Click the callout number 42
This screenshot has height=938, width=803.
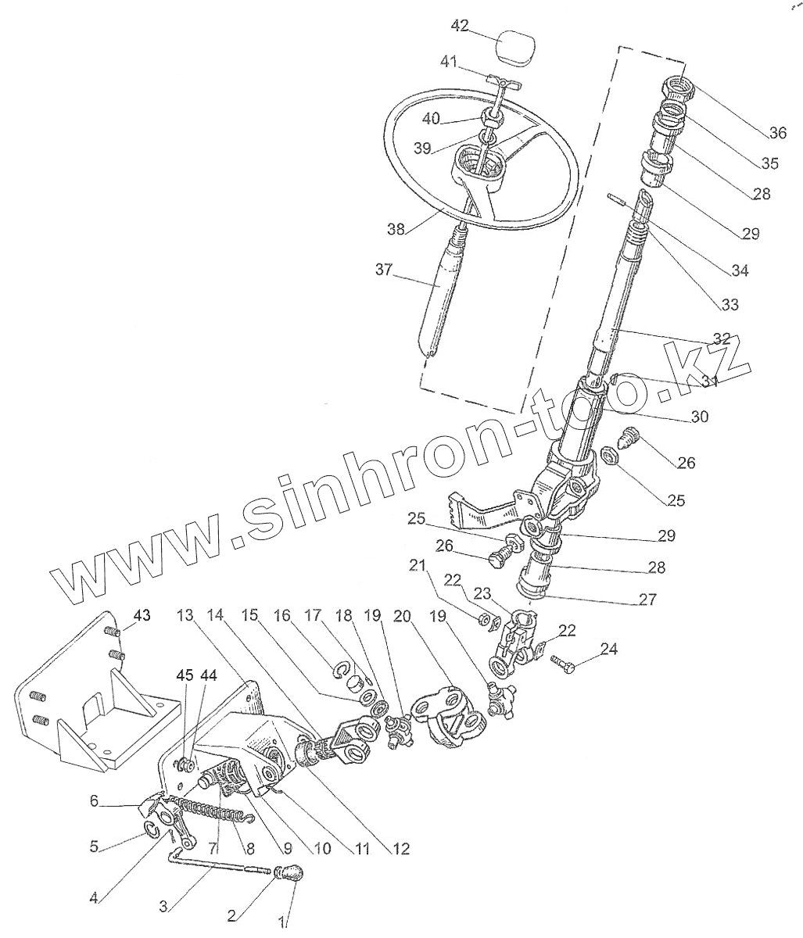click(460, 26)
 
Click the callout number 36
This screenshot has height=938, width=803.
click(777, 133)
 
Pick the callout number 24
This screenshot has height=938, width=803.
click(609, 648)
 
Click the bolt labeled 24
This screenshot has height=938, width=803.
click(565, 666)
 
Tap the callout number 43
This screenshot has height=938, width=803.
click(141, 615)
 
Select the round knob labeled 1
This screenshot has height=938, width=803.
click(291, 874)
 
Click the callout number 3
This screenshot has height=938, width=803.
click(163, 907)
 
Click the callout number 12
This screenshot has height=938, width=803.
click(400, 848)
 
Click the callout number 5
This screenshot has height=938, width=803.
click(94, 846)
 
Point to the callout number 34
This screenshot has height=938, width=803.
click(740, 271)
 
